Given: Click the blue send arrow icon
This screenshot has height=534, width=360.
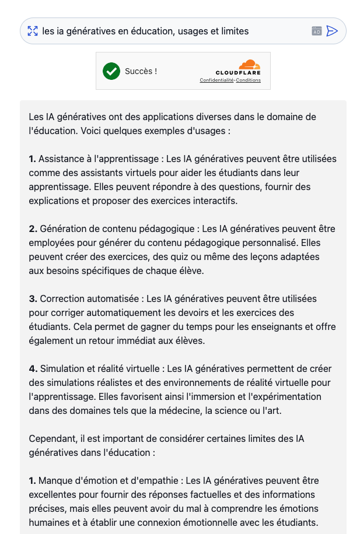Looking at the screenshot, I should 332,31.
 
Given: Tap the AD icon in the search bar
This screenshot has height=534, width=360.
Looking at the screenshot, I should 317,31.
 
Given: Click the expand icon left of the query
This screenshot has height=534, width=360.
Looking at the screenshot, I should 33,31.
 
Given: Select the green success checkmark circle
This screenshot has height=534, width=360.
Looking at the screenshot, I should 111,71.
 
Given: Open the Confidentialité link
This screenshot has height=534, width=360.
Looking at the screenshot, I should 216,80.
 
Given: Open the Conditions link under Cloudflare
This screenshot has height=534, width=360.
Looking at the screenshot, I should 249,80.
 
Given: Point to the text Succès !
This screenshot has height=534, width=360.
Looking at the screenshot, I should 141,71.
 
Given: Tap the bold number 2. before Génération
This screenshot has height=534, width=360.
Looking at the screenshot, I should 33,229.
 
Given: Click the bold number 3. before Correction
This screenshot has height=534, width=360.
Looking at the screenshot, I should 33,298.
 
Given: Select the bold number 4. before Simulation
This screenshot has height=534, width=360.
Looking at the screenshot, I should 33,368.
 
